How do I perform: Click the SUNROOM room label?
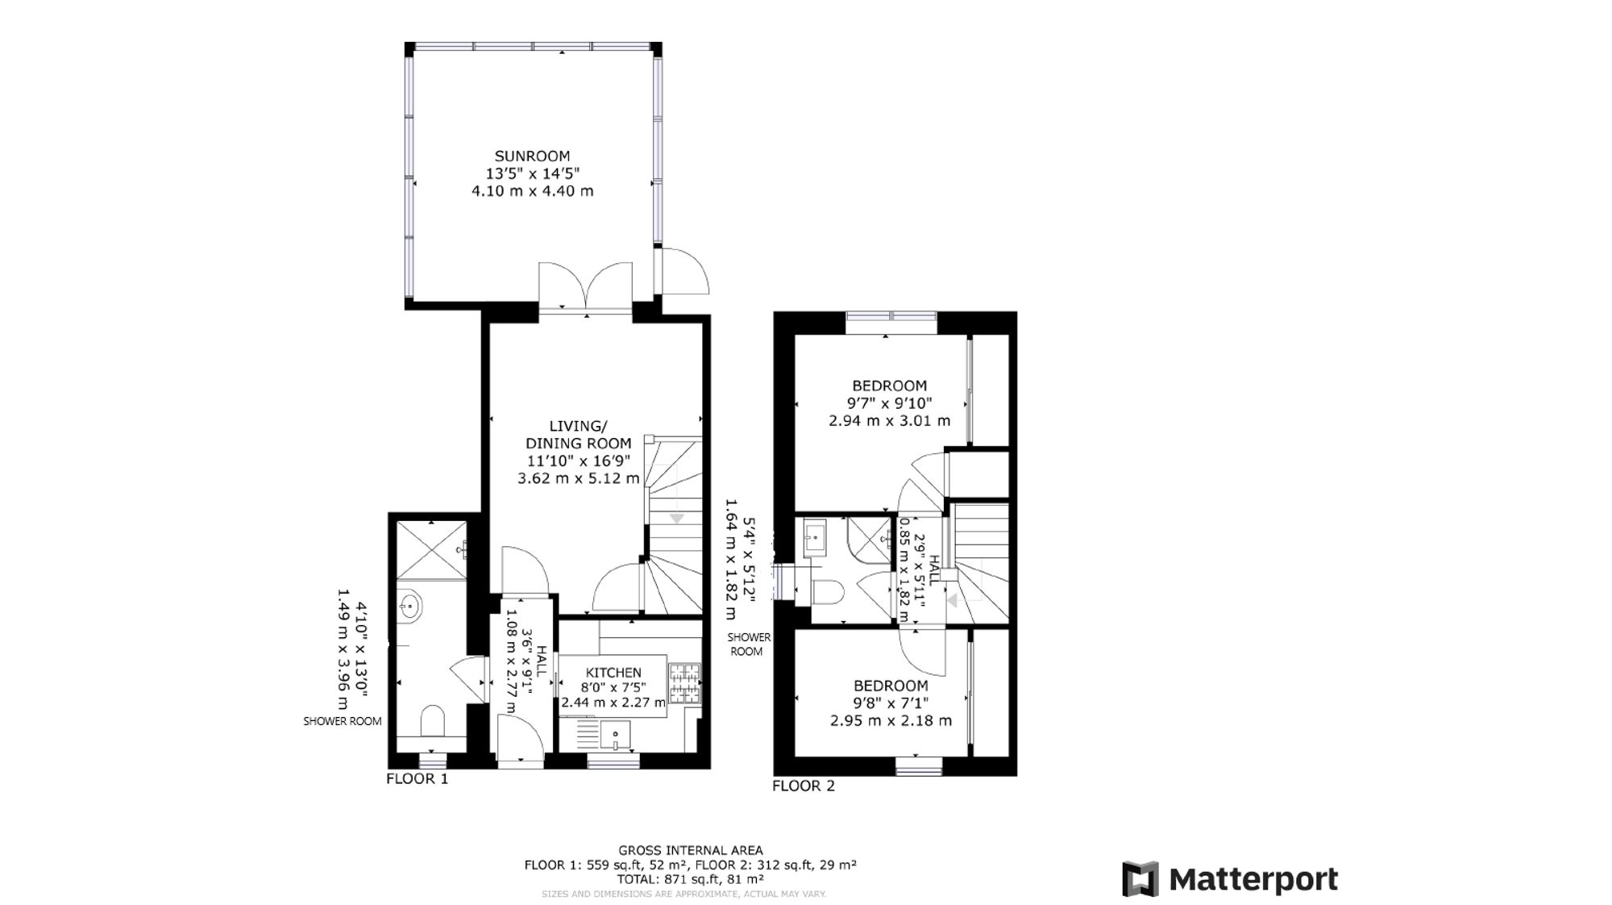(532, 156)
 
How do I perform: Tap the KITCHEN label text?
(613, 673)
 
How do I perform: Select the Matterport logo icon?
(1140, 879)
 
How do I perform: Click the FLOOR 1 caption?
(417, 778)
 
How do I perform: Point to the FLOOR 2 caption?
(804, 786)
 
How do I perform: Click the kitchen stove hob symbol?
(684, 684)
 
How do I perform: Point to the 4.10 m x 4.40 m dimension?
(532, 191)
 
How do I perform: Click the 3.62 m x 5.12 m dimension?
(578, 478)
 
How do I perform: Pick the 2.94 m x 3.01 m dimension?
(890, 420)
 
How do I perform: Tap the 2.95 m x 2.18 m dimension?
(891, 720)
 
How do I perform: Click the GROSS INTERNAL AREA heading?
(691, 850)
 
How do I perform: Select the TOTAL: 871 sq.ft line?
(691, 879)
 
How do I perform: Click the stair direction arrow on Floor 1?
(676, 519)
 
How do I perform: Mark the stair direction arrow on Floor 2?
(952, 601)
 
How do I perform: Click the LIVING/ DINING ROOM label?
(578, 434)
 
